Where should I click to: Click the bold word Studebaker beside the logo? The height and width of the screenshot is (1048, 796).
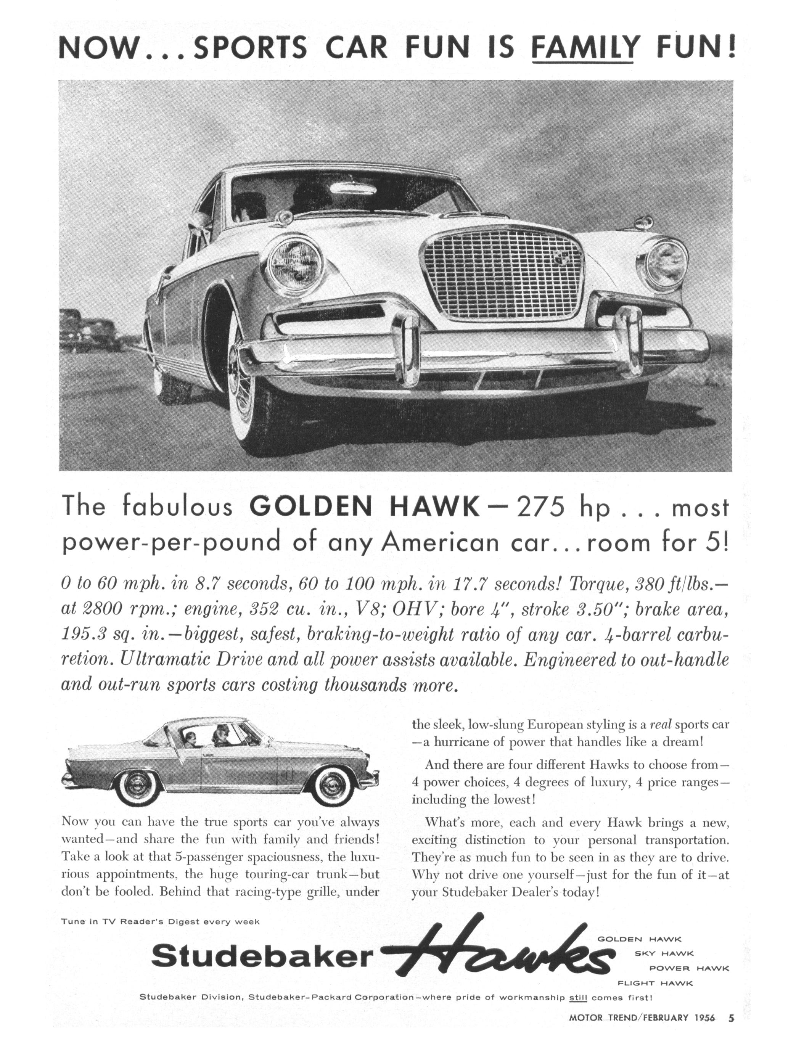[262, 956]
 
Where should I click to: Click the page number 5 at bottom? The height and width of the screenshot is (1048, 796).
[731, 1017]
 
